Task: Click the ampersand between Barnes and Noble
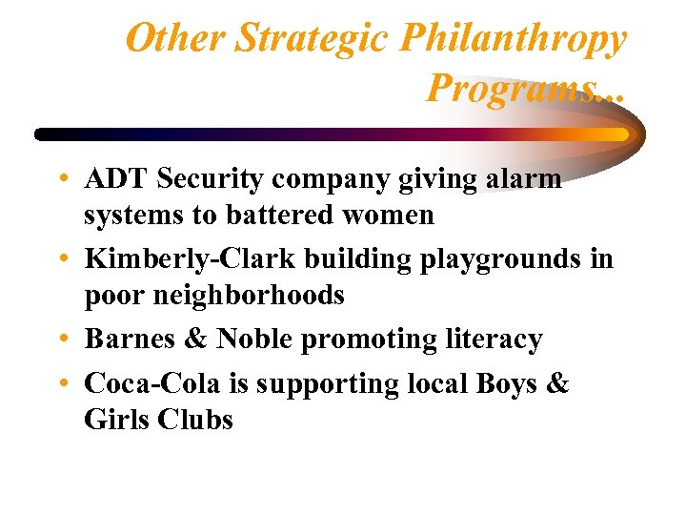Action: point(196,339)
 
